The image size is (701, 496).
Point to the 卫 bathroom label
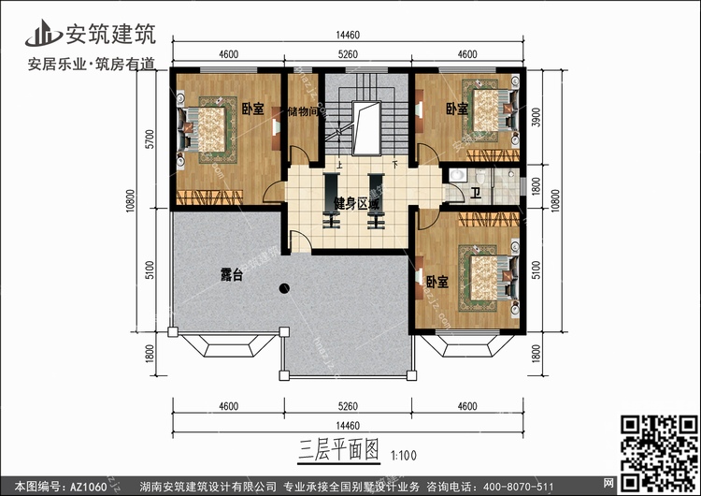[476, 194]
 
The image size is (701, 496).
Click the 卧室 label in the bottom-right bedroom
[436, 282]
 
